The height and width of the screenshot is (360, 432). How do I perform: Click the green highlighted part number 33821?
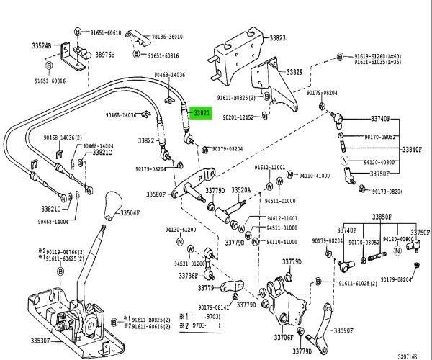click(199, 113)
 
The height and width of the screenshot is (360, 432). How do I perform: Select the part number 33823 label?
click(277, 37)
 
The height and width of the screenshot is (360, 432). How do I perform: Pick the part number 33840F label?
click(412, 149)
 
